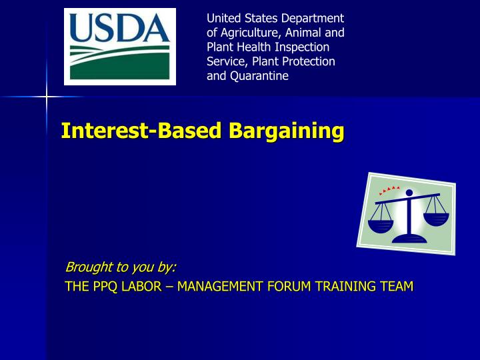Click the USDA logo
click(x=120, y=47)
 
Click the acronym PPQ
click(x=99, y=287)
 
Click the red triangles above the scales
click(x=389, y=190)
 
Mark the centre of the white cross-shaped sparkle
click(x=47, y=97)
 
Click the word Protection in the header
click(x=309, y=61)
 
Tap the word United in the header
click(x=222, y=17)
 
